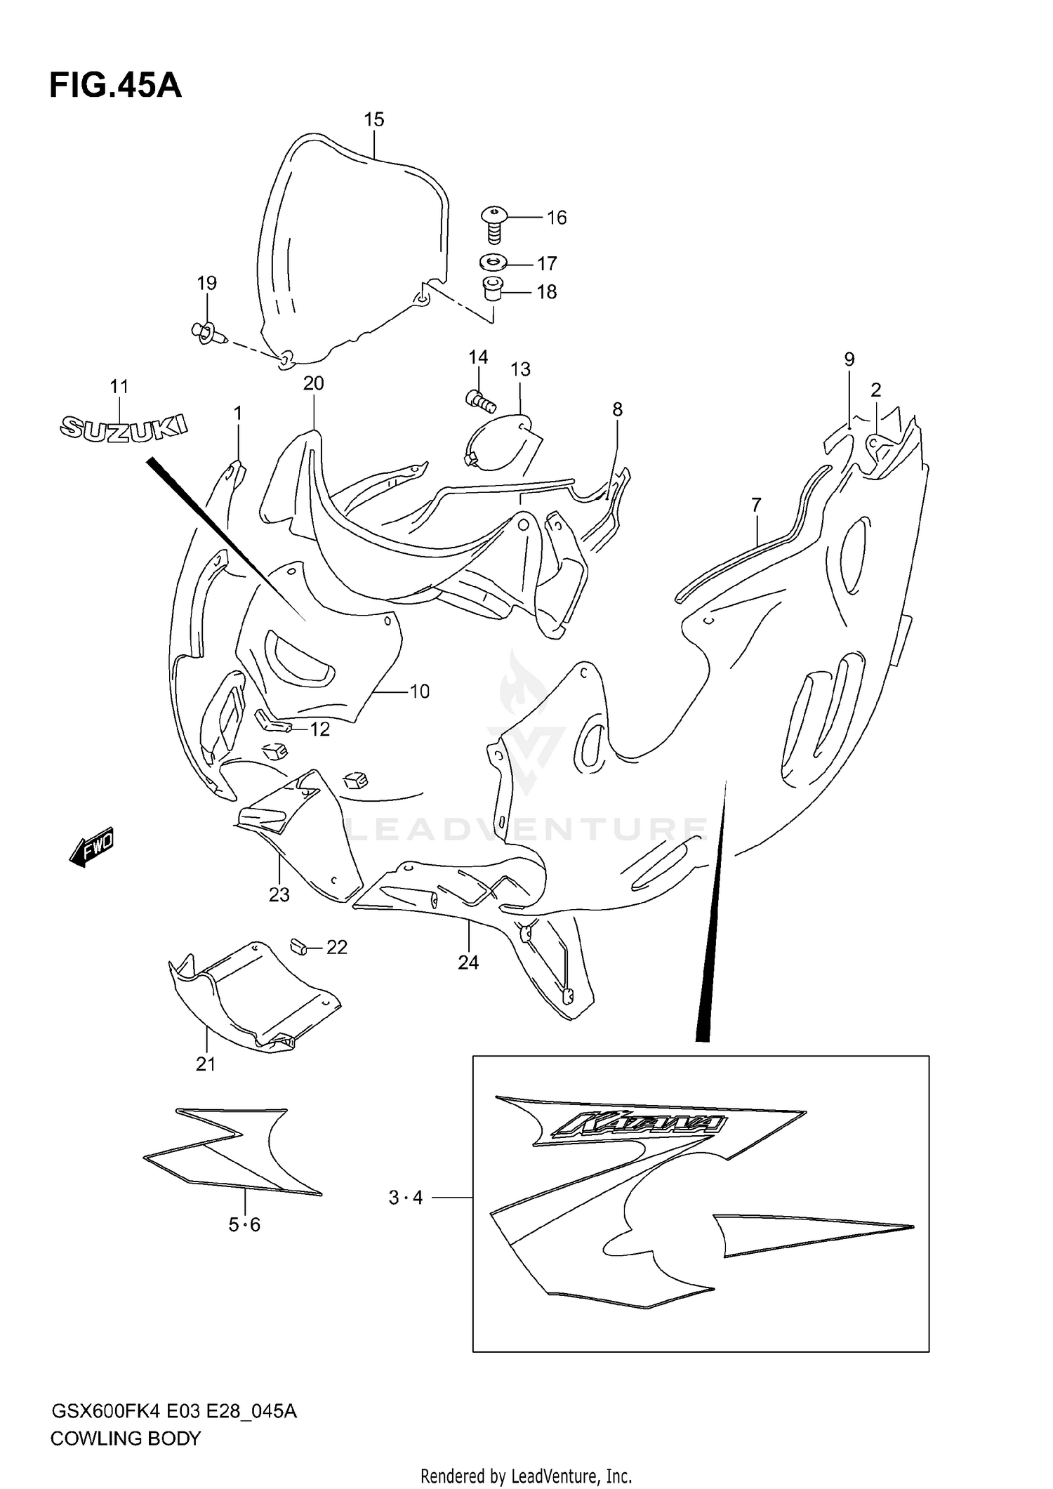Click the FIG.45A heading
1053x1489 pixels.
click(115, 86)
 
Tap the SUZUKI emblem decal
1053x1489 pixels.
click(124, 428)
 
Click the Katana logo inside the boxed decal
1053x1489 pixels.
click(638, 1125)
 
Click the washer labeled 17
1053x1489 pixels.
click(494, 263)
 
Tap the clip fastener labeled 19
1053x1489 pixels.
click(206, 333)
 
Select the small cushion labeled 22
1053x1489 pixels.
click(300, 947)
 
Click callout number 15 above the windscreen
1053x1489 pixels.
click(374, 120)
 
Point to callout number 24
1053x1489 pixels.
click(468, 962)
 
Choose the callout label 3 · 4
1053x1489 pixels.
click(406, 1198)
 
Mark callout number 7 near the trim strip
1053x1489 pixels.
click(756, 505)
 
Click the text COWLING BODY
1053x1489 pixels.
click(126, 1438)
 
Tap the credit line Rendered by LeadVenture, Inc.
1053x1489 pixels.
click(526, 1476)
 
